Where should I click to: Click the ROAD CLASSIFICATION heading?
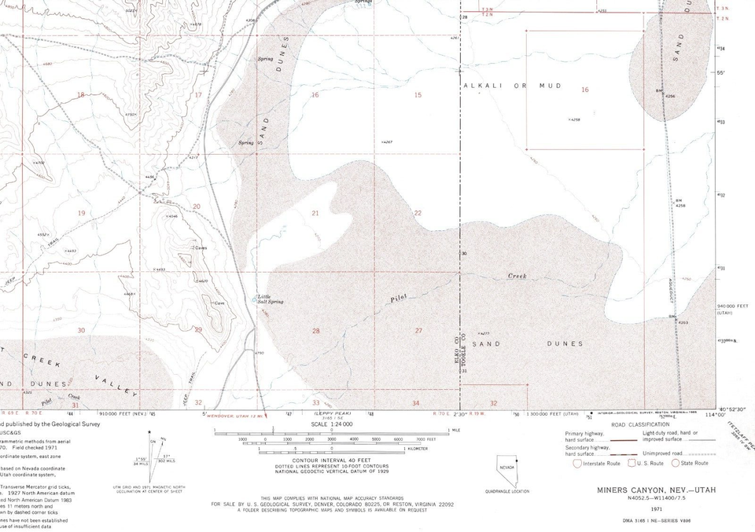coord(640,423)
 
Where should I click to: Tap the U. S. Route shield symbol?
coord(631,464)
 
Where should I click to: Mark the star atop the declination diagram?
coord(152,432)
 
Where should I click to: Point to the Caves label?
coord(201,248)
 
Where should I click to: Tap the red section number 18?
coord(80,95)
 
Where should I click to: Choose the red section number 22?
coord(418,213)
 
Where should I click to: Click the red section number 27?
coord(418,331)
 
